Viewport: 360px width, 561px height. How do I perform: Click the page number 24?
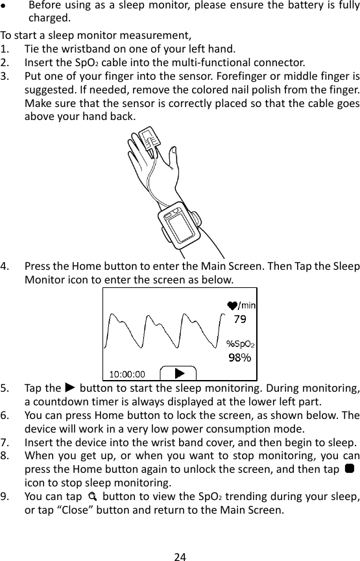coord(180,547)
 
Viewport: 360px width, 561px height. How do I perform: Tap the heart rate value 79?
coord(239,319)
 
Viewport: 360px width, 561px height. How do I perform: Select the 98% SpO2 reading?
coord(239,357)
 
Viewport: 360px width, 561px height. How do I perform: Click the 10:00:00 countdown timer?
coord(127,374)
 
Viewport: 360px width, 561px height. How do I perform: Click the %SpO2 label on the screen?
coord(239,344)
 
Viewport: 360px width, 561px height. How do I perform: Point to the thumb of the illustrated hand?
coord(173,157)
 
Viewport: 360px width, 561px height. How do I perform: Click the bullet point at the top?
coord(5,5)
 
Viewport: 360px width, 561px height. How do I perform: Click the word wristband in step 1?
coord(76,50)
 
